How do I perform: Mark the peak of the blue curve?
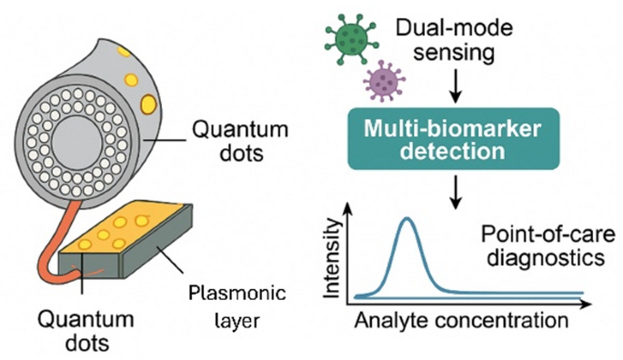[407, 220]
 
